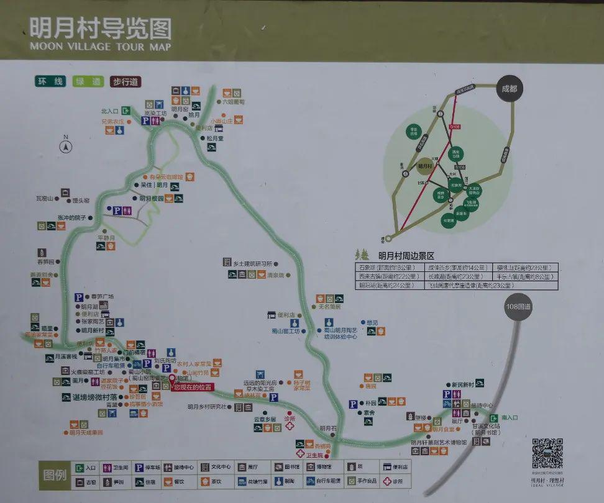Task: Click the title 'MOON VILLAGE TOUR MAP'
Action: (x=99, y=47)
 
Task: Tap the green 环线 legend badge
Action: (x=49, y=81)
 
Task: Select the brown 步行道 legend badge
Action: (x=125, y=81)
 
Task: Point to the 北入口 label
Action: (x=109, y=111)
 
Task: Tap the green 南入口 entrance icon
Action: (x=493, y=418)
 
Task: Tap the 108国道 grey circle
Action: (x=519, y=306)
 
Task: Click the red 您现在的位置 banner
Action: (x=193, y=386)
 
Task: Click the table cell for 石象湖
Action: (x=379, y=267)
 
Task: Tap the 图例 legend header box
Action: (x=55, y=474)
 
